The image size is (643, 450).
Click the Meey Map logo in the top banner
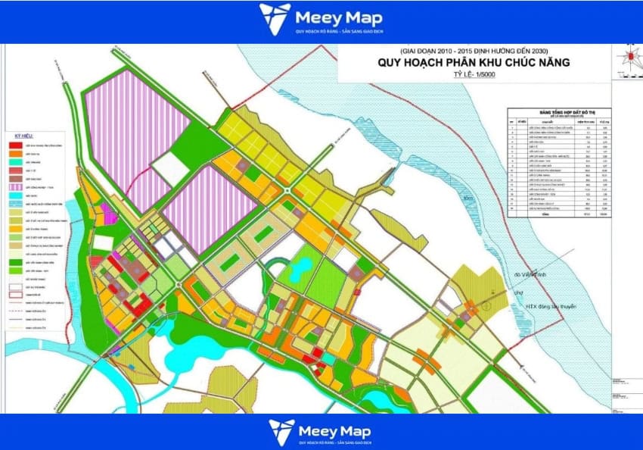point(321,20)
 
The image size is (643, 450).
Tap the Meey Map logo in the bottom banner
point(321,432)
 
